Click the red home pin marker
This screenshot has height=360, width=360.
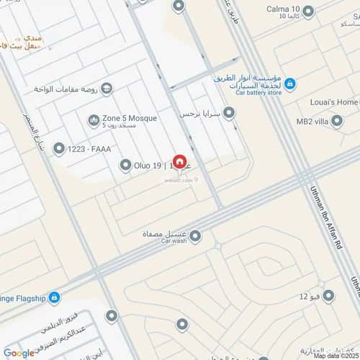tap(179, 163)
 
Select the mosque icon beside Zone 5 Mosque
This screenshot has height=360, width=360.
tap(93, 120)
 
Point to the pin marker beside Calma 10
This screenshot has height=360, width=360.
tap(309, 12)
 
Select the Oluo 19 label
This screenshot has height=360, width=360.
tap(147, 166)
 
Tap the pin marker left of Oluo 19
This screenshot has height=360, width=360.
tap(125, 166)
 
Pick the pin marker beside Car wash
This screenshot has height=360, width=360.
tap(194, 235)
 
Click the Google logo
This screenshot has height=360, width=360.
tap(19, 353)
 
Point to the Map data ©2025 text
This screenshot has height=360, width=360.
tap(335, 355)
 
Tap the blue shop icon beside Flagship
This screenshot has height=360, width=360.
tap(55, 297)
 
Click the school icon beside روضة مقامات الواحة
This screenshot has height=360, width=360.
tap(107, 89)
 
